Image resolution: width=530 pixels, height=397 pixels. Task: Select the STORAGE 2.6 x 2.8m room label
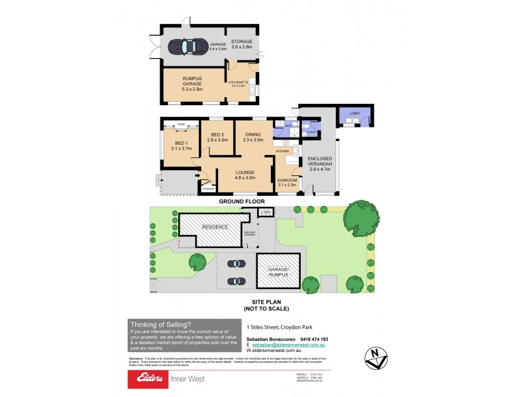click(242, 44)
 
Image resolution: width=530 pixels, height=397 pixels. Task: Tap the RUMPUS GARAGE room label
click(193, 84)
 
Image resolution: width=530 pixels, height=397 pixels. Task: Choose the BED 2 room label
click(217, 136)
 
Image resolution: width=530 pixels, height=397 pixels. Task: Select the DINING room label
click(253, 136)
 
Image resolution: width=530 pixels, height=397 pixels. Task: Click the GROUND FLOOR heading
click(242, 201)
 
